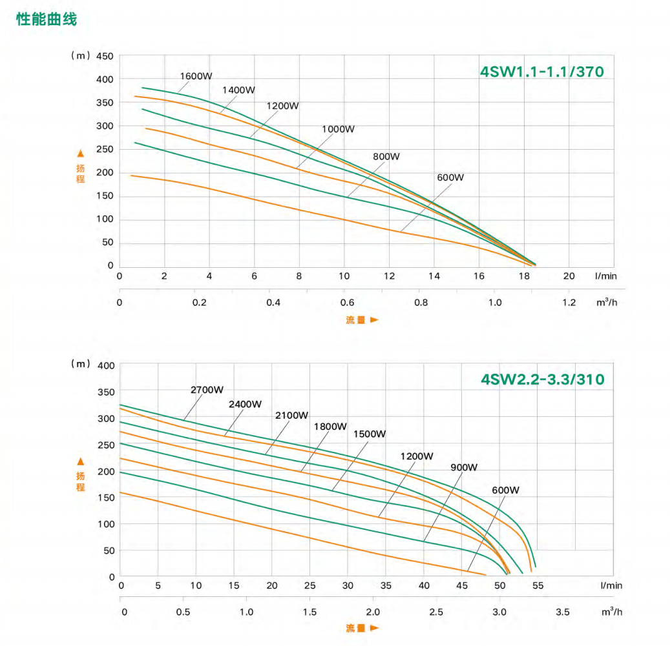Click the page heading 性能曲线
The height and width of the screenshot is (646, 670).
[47, 19]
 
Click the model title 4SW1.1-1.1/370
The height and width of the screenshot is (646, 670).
[541, 72]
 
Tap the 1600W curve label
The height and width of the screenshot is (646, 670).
[196, 76]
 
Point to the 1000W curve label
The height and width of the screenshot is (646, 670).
[339, 129]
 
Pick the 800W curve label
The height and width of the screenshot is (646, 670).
[386, 157]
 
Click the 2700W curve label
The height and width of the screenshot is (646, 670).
[207, 390]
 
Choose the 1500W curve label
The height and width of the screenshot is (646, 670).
[370, 434]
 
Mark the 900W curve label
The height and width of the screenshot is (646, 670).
[464, 467]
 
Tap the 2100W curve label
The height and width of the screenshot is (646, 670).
[292, 415]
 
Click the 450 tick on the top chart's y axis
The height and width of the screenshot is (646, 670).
[105, 56]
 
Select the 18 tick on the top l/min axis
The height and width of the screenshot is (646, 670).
[524, 276]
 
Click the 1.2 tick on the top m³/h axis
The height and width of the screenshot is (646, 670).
[569, 302]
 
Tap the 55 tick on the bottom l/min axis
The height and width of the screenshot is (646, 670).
[538, 586]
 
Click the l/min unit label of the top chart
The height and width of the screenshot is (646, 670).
[606, 276]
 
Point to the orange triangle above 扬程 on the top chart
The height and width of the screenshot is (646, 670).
[81, 154]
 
